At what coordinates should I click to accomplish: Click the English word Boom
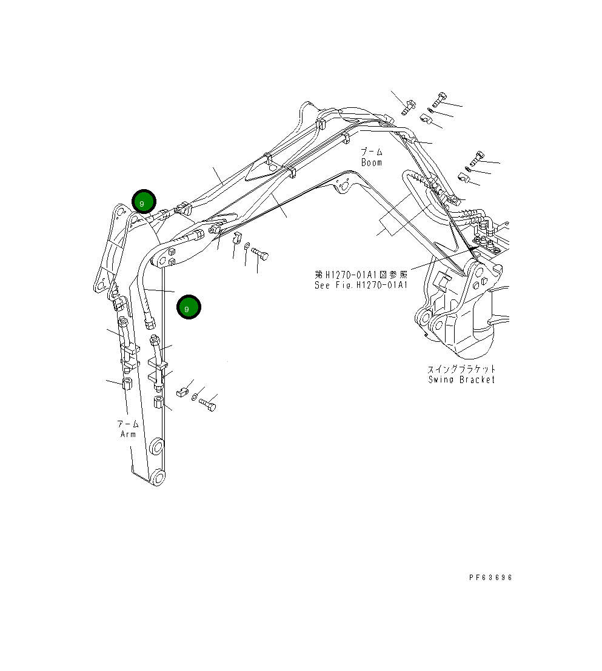(x=372, y=162)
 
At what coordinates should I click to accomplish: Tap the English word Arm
(x=128, y=434)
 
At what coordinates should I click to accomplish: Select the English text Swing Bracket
(x=461, y=379)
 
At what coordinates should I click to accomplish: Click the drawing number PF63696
(x=490, y=578)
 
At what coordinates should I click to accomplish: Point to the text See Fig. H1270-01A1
(x=360, y=285)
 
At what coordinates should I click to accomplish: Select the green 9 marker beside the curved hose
(x=189, y=307)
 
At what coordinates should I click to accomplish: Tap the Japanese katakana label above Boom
(x=372, y=152)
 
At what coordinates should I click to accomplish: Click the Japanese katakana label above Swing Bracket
(x=461, y=369)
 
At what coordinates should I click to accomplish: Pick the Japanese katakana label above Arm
(x=128, y=424)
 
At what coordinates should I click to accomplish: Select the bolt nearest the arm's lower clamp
(x=208, y=404)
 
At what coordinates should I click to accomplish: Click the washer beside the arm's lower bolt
(x=195, y=398)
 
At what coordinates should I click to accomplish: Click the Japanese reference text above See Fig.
(x=360, y=275)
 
